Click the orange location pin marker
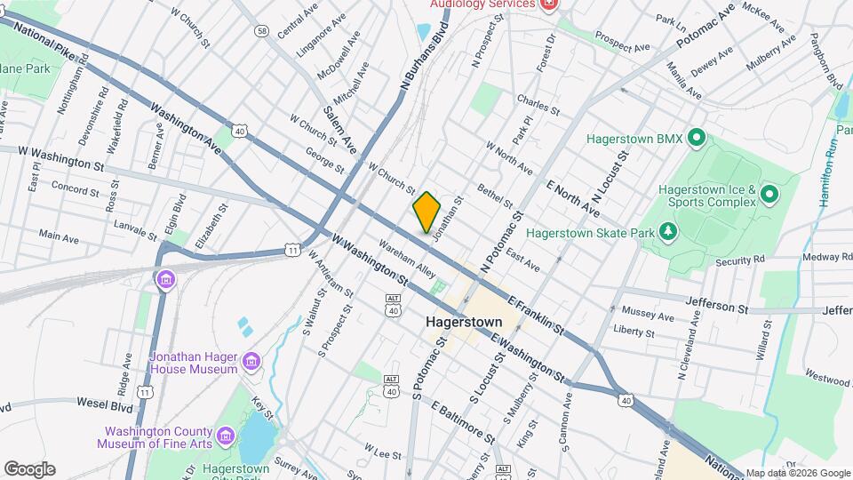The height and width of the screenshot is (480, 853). [x=426, y=212]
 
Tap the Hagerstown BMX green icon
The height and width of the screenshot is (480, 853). [x=697, y=139]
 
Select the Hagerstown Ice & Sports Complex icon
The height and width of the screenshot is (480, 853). [x=769, y=195]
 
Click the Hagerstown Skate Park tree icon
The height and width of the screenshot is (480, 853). [x=667, y=232]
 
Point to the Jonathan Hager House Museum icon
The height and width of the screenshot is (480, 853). [x=251, y=362]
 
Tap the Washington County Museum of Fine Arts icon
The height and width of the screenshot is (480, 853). [x=225, y=436]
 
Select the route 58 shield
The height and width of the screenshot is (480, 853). [x=261, y=31]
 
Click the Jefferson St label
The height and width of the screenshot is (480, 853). [x=717, y=307]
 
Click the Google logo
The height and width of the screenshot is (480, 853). [x=29, y=469]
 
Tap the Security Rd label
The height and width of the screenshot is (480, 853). [x=740, y=260]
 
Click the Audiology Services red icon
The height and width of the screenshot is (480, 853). [x=549, y=4]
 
